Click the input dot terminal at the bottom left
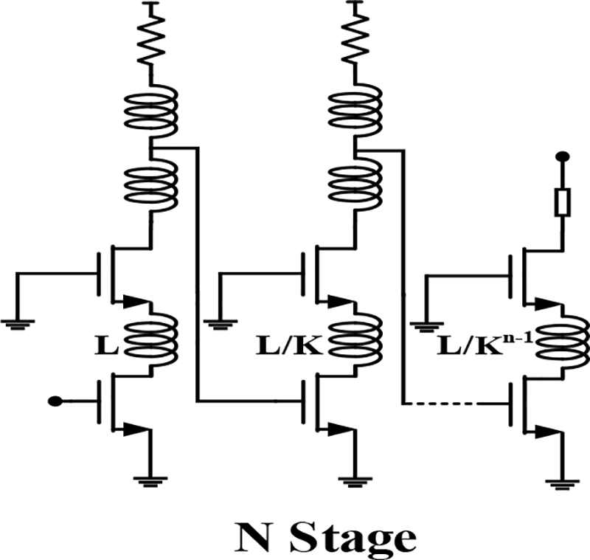coord(53,401)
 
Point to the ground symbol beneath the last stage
coord(563,483)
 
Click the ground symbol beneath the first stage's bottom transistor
coord(150,480)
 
